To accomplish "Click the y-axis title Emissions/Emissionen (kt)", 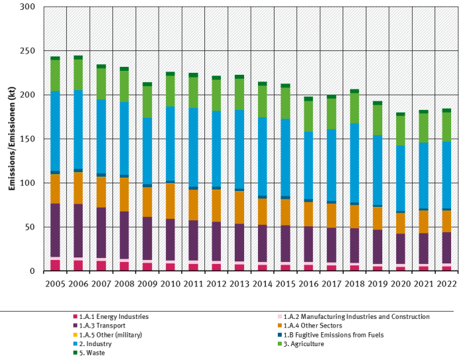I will pos(12,139).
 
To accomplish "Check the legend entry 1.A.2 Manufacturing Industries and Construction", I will pos(353,317).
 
